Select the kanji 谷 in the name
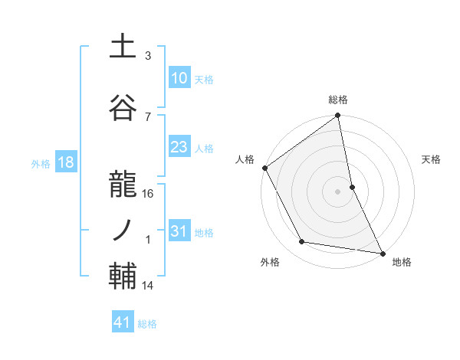click(x=123, y=109)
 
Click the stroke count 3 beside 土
click(x=148, y=56)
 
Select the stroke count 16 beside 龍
click(x=148, y=194)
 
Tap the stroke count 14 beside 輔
click(x=148, y=286)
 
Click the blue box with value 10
click(x=179, y=77)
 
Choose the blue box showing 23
click(x=179, y=147)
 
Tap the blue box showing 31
click(x=179, y=231)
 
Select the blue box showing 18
click(x=65, y=162)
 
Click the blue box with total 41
click(x=123, y=323)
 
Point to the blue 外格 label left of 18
click(x=40, y=163)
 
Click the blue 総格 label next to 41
click(x=147, y=324)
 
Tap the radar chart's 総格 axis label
click(x=338, y=100)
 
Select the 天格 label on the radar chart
click(x=431, y=159)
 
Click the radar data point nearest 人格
click(x=264, y=168)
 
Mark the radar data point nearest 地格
click(x=382, y=252)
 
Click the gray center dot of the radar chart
click(x=337, y=191)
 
